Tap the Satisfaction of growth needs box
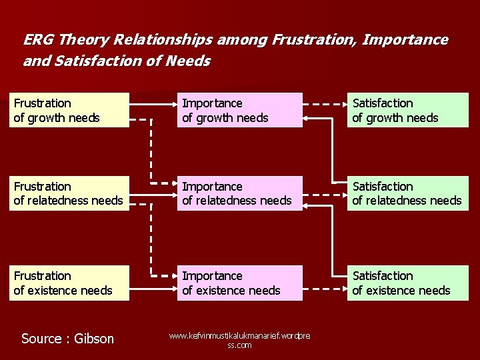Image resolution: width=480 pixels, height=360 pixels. [407, 110]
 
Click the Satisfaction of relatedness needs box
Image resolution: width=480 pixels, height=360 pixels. [407, 193]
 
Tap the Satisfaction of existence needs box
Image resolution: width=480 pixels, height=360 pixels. [407, 283]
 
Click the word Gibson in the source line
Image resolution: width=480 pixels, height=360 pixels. [93, 339]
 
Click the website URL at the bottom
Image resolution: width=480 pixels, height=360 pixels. [239, 341]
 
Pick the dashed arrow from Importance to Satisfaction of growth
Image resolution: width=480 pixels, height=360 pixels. [325, 104]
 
